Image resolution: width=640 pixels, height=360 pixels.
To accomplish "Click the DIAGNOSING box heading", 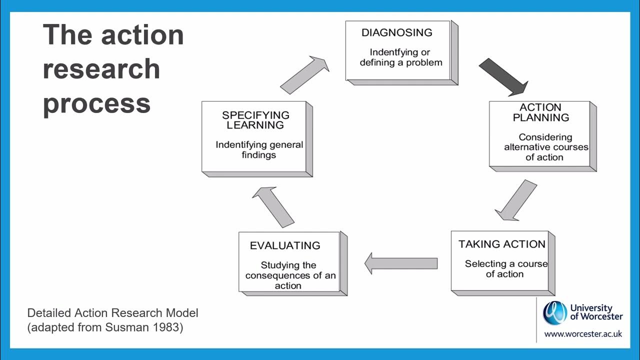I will coord(396,33).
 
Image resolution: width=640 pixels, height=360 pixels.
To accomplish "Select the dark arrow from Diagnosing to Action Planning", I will coord(502,76).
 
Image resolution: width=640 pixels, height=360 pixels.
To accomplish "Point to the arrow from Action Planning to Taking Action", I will coord(516,200).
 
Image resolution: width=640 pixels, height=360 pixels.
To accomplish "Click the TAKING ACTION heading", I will coord(502,244).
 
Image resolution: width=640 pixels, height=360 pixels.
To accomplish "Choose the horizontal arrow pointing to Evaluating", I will coord(401,263).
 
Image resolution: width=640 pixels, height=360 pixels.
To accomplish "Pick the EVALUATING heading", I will coord(285,245).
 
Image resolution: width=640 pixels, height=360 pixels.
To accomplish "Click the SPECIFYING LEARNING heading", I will coord(255,120).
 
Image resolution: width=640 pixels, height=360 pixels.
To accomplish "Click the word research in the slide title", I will coord(101,69).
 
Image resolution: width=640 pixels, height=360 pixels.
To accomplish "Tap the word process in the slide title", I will coord(96,103).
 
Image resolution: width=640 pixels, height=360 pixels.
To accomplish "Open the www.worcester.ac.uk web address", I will coord(583,333).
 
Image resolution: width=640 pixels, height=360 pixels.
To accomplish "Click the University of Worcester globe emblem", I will coord(555,313).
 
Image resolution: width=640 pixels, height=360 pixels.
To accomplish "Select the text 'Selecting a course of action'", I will coord(505,269).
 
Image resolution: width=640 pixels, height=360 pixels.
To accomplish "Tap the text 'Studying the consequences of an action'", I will coord(289,275).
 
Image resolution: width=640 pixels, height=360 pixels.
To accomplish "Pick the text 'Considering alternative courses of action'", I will coord(545,147).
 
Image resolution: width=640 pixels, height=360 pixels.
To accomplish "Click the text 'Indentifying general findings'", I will coord(259,150).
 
